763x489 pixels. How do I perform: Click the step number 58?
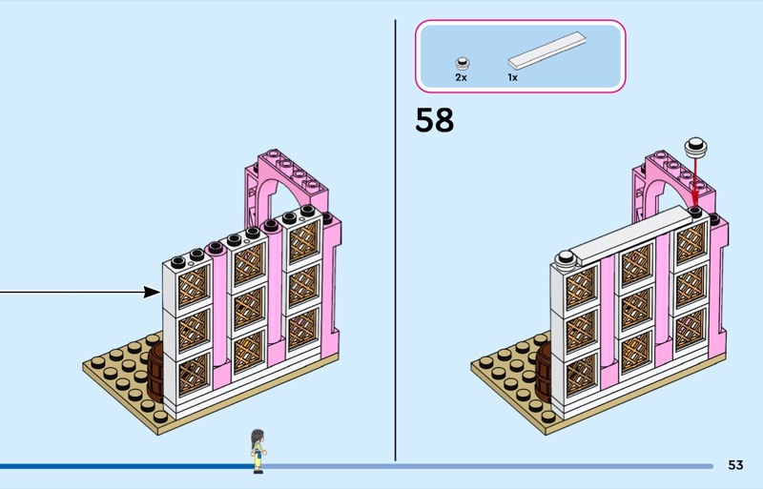[x=435, y=121]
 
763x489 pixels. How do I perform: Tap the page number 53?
[x=734, y=465]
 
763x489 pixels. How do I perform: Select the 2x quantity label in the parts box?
[x=461, y=77]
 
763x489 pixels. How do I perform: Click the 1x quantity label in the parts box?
[x=512, y=77]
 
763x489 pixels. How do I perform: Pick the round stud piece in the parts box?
[x=462, y=58]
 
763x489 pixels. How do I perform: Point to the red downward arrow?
[x=694, y=181]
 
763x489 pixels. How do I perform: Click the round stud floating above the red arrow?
[x=695, y=146]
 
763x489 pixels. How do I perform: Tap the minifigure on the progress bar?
[x=256, y=450]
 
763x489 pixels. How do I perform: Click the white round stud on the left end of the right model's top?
[x=566, y=255]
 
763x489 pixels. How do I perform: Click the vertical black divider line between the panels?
[x=395, y=238]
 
